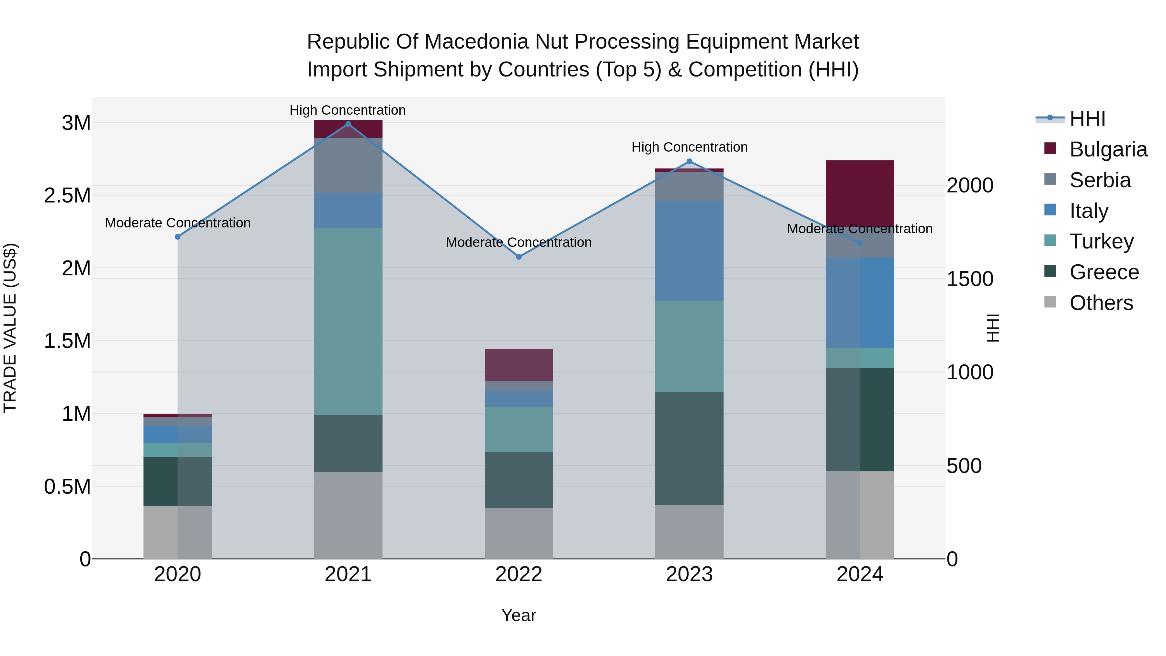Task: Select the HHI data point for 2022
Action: point(519,257)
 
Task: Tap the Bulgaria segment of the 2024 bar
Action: point(860,193)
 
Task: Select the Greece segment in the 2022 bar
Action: point(519,480)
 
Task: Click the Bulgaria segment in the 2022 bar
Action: point(519,365)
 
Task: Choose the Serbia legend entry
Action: point(1100,180)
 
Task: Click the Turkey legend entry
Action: point(1101,241)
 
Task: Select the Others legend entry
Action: point(1101,303)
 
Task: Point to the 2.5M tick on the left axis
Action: point(67,196)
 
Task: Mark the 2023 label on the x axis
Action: point(689,574)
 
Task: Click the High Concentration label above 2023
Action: point(689,147)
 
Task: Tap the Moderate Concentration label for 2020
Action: point(177,223)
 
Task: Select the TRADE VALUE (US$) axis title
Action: point(10,328)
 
